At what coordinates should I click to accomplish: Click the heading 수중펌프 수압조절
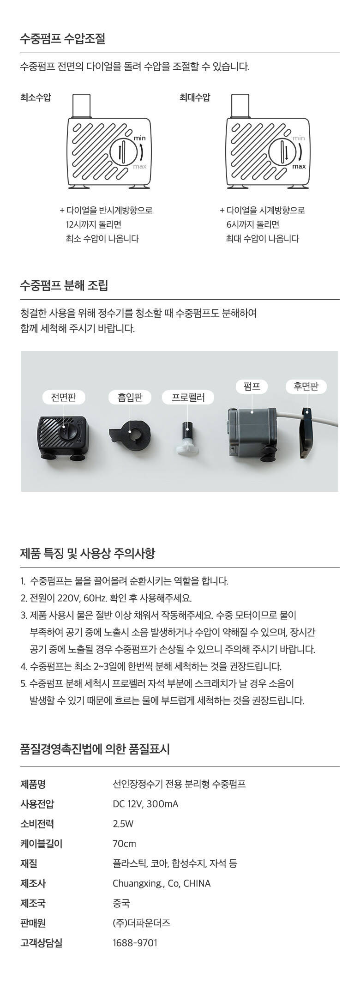[x=63, y=39]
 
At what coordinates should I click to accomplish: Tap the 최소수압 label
[x=36, y=97]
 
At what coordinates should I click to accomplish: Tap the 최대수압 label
[x=195, y=97]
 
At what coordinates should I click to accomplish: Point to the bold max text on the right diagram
[x=299, y=166]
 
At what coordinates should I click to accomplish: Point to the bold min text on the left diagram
[x=139, y=138]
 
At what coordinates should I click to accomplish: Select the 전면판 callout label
[x=63, y=397]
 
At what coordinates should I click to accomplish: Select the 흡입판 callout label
[x=130, y=397]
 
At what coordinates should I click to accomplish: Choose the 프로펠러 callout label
[x=188, y=397]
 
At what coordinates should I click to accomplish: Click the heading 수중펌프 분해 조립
[x=64, y=285]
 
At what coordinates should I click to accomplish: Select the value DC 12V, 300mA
[x=145, y=804]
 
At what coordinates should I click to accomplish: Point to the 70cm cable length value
[x=124, y=844]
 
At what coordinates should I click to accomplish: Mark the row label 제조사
[x=33, y=883]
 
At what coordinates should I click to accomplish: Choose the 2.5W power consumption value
[x=123, y=824]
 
